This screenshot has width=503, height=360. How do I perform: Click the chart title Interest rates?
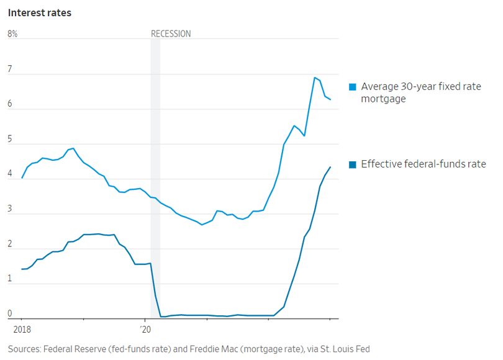point(39,13)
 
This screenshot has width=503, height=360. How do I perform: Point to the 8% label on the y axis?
point(12,34)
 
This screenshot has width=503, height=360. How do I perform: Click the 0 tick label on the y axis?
point(10,314)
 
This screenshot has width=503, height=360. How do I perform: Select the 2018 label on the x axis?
point(21,330)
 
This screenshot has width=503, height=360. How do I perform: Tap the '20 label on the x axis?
point(145,330)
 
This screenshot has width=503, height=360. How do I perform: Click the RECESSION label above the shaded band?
point(171,34)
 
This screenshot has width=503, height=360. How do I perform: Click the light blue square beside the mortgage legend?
point(352,87)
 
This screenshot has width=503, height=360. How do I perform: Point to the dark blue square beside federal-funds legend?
point(352,164)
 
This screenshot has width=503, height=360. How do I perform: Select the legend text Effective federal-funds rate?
point(423,164)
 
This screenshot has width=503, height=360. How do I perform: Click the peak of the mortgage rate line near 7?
point(315,78)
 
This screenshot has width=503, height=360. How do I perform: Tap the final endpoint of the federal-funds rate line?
point(330,167)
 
